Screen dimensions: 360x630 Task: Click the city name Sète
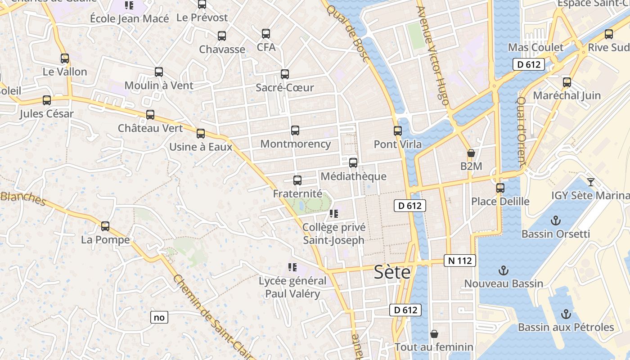coord(392,272)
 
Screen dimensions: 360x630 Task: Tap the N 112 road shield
coord(459,261)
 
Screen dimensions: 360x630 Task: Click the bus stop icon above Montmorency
coord(295,130)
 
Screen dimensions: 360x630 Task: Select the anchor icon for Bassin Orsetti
coord(556,220)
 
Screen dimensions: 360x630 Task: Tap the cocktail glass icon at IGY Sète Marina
coord(591,182)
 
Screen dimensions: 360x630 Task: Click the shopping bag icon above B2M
coord(471,153)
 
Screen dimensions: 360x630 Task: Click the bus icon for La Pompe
coord(105,226)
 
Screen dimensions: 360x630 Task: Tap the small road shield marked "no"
coord(159,317)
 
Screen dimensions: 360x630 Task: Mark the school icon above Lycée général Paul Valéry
coord(292,267)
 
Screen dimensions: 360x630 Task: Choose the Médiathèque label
coord(353,176)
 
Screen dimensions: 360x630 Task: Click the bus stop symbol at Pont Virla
coord(398,130)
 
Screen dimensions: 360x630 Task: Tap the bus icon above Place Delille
coord(500,188)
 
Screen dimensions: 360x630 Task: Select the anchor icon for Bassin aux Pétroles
coord(566,314)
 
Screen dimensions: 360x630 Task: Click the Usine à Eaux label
coord(201,147)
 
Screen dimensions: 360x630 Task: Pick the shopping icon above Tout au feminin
coord(434,333)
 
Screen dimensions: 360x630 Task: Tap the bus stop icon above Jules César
coord(47,100)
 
